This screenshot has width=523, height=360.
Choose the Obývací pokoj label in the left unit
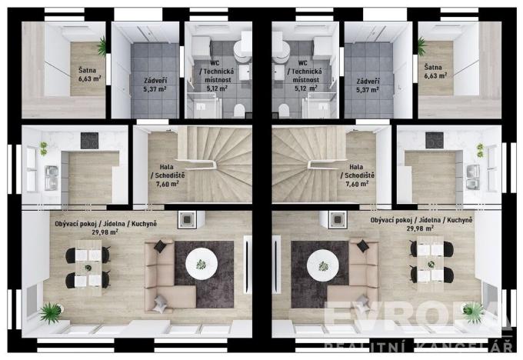pos(73,223)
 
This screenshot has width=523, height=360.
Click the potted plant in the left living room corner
pos(51,312)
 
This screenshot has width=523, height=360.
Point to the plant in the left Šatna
pos(102,47)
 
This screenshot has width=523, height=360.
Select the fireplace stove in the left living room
pos(185,219)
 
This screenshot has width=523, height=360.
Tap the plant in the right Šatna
pos(421,47)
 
